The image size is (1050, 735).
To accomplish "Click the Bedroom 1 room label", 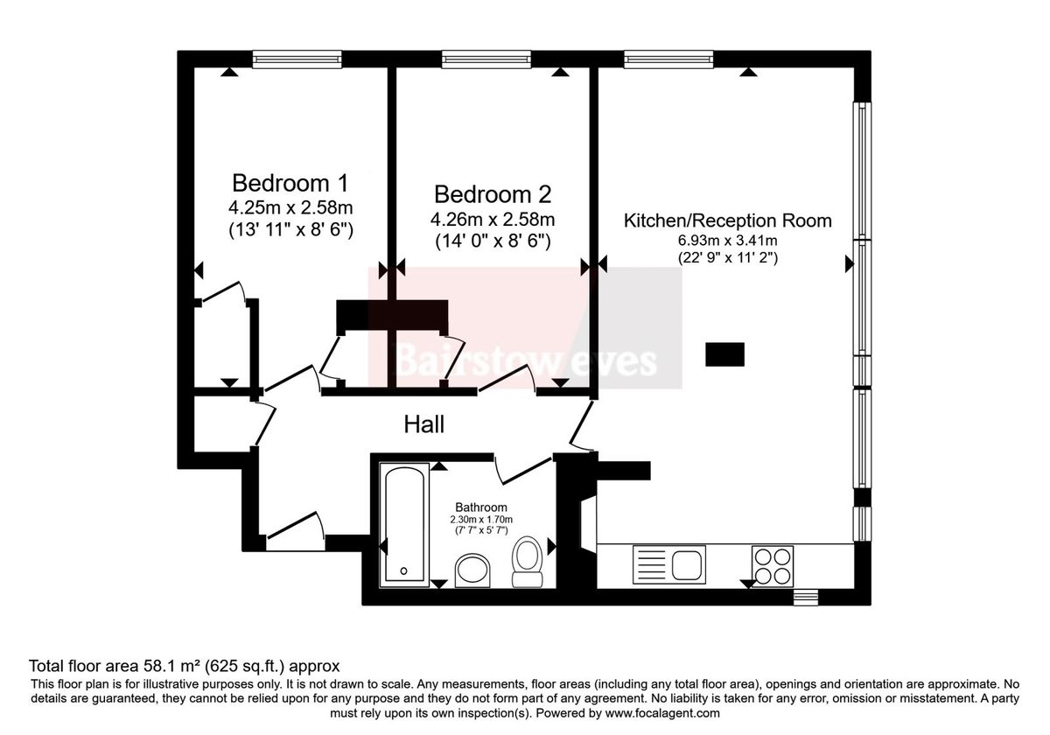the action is [x=290, y=183].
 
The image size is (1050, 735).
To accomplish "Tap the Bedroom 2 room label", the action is [x=493, y=194].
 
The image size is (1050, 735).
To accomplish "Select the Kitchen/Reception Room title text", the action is [x=727, y=220].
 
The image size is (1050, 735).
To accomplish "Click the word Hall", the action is [x=424, y=424].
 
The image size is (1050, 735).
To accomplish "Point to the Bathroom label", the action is [x=481, y=507].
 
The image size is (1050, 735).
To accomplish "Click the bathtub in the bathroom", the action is [x=404, y=525].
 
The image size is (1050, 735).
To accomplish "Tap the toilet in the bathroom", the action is [x=528, y=562].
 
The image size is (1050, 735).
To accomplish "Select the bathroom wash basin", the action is [x=472, y=570].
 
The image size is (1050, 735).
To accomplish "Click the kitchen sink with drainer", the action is [x=668, y=564].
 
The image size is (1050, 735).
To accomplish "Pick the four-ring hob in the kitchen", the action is [x=773, y=565].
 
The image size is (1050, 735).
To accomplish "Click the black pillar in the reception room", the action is [x=724, y=353].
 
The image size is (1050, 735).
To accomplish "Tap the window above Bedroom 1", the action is [x=297, y=59].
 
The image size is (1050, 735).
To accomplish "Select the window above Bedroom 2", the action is [x=486, y=59].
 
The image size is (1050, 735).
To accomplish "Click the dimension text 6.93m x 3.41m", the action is [x=727, y=241].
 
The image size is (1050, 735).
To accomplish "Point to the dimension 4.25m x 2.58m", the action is [x=290, y=207].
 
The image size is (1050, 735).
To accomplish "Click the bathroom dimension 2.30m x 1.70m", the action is [x=481, y=520].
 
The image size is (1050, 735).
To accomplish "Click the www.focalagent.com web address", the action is [x=662, y=713].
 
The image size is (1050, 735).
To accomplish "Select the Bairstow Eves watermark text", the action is [x=526, y=360].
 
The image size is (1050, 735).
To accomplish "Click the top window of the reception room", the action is [x=668, y=59].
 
